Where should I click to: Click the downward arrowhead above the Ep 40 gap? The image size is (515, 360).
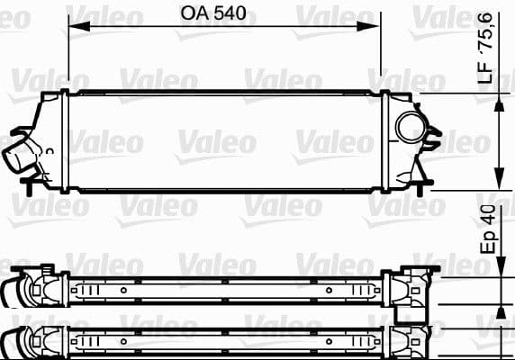(501, 274)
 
